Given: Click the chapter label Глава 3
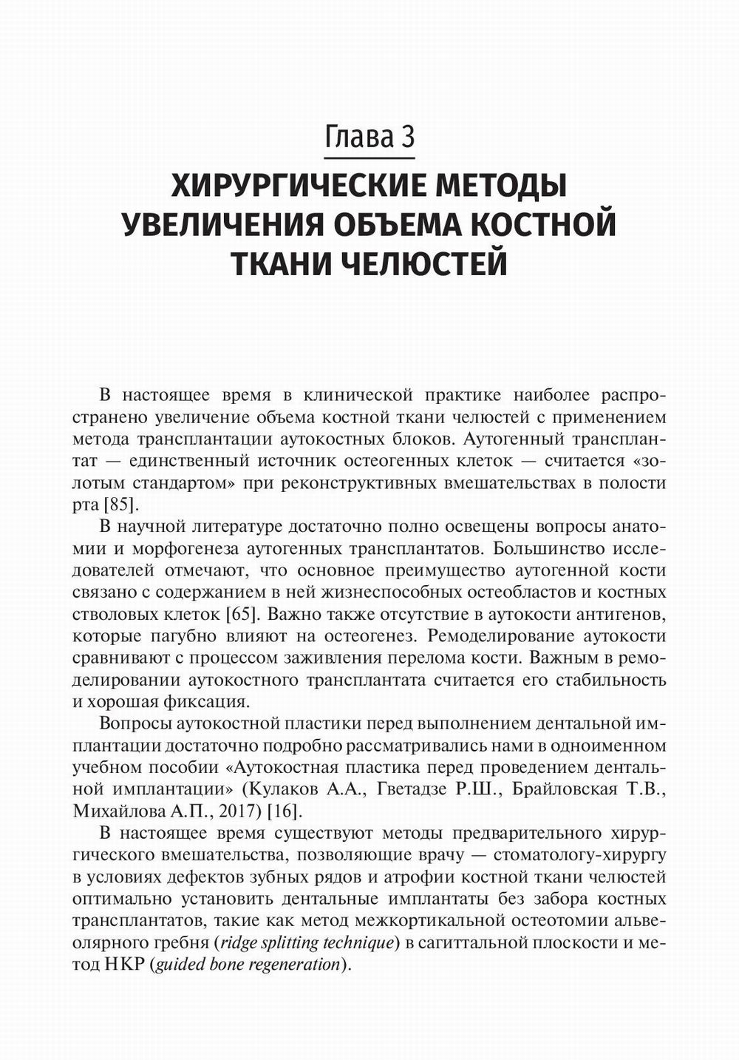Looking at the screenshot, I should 369,138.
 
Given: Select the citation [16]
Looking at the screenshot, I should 284,811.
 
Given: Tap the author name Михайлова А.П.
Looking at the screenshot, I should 138,811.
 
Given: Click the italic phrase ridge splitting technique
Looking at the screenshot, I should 304,943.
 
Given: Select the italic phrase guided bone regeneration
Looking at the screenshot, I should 247,965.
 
